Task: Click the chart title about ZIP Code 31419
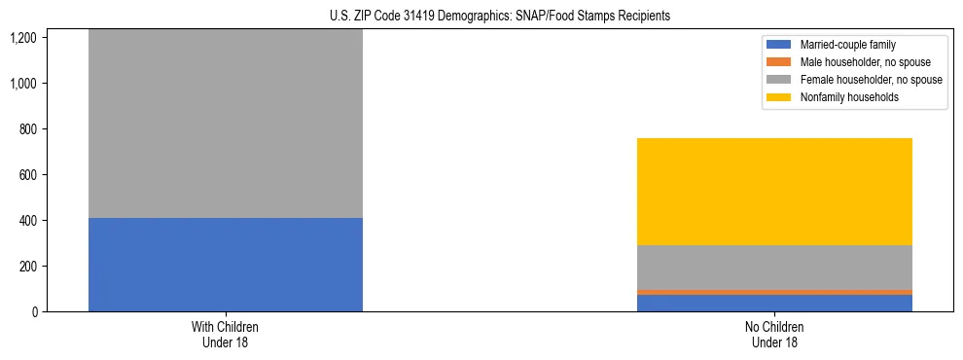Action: click(x=481, y=16)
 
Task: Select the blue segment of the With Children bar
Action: click(x=225, y=264)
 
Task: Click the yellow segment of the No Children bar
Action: click(x=774, y=191)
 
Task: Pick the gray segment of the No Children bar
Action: click(x=774, y=267)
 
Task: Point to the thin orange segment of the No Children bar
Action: click(x=774, y=292)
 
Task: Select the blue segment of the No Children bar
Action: click(x=774, y=303)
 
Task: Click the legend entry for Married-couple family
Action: click(x=847, y=45)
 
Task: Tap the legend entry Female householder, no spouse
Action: click(x=871, y=80)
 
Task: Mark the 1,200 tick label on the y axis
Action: click(x=22, y=38)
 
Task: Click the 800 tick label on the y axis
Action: click(x=26, y=129)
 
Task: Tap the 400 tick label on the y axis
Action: click(x=26, y=221)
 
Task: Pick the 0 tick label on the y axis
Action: click(x=33, y=312)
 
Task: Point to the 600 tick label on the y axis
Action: click(x=26, y=175)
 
